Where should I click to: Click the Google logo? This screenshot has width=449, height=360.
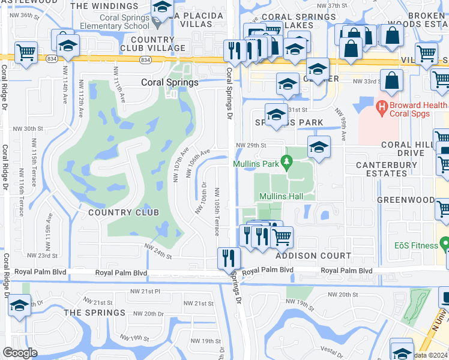pyautogui.click(x=20, y=353)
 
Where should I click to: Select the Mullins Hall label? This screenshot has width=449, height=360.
pyautogui.click(x=280, y=196)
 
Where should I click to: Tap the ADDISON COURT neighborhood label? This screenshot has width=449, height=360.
pyautogui.click(x=313, y=256)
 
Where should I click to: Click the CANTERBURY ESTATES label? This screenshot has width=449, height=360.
pyautogui.click(x=381, y=169)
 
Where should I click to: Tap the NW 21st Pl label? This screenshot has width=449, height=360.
pyautogui.click(x=146, y=292)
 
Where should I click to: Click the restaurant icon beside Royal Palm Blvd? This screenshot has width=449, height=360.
pyautogui.click(x=228, y=258)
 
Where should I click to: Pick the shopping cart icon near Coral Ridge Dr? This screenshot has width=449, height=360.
pyautogui.click(x=26, y=52)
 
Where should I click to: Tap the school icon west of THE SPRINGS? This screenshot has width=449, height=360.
pyautogui.click(x=20, y=305)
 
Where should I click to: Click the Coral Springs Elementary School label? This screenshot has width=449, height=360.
pyautogui.click(x=125, y=22)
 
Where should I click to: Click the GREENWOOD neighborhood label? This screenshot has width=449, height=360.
pyautogui.click(x=406, y=200)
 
